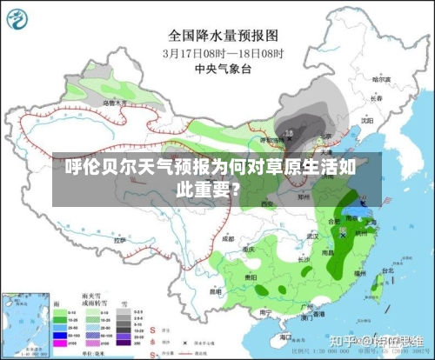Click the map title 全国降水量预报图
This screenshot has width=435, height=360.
[223, 36]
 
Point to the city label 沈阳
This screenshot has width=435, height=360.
[367, 121]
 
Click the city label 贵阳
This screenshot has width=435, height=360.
[251, 276]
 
